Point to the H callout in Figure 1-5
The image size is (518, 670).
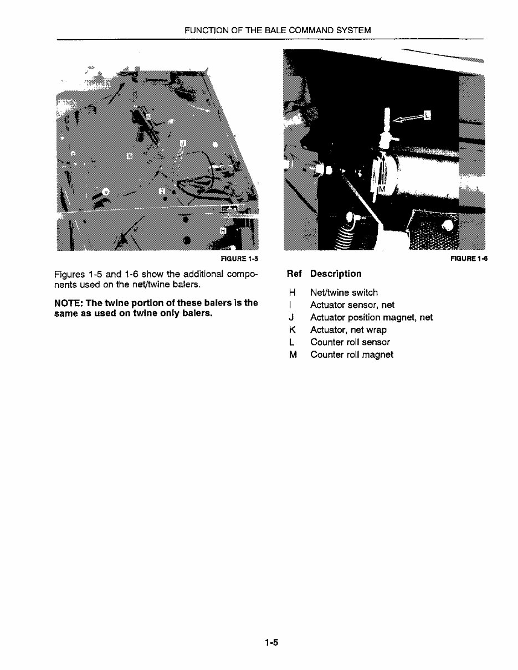click(223, 230)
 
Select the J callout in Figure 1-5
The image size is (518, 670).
click(183, 143)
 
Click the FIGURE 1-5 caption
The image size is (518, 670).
click(239, 259)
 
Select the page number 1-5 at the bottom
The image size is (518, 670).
click(271, 643)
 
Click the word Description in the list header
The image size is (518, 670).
click(336, 274)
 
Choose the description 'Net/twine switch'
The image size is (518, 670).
click(344, 292)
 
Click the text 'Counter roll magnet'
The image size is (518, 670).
click(352, 354)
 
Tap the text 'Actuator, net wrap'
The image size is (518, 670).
click(348, 330)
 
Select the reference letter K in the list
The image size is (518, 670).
click(291, 330)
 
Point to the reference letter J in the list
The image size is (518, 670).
click(291, 317)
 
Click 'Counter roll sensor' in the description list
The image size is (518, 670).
click(350, 342)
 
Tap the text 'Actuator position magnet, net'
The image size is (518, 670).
click(371, 317)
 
